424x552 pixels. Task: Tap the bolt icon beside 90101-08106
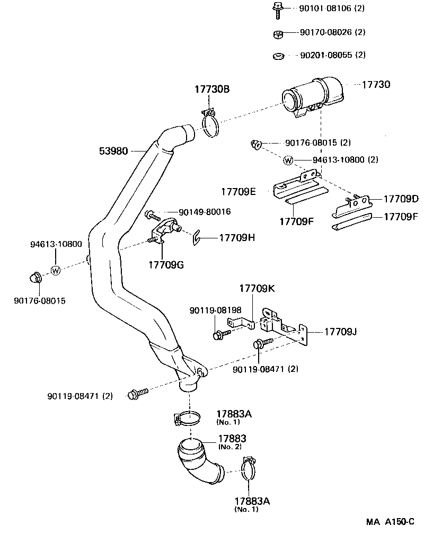pyautogui.click(x=277, y=8)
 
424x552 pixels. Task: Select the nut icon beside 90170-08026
pyautogui.click(x=277, y=34)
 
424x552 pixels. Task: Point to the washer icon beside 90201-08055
pyautogui.click(x=277, y=55)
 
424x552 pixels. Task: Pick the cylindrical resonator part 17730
pyautogui.click(x=313, y=97)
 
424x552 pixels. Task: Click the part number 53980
pyautogui.click(x=113, y=151)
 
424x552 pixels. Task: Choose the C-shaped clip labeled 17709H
pyautogui.click(x=195, y=238)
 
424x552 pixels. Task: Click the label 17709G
pyautogui.click(x=166, y=264)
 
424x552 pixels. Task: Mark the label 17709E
pyautogui.click(x=238, y=191)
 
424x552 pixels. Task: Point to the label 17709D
pyautogui.click(x=401, y=199)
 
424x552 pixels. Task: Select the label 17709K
pyautogui.click(x=257, y=289)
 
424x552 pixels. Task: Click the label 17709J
pyautogui.click(x=340, y=332)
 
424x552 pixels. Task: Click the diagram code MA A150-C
pyautogui.click(x=390, y=522)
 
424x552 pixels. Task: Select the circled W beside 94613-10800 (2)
pyautogui.click(x=288, y=159)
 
